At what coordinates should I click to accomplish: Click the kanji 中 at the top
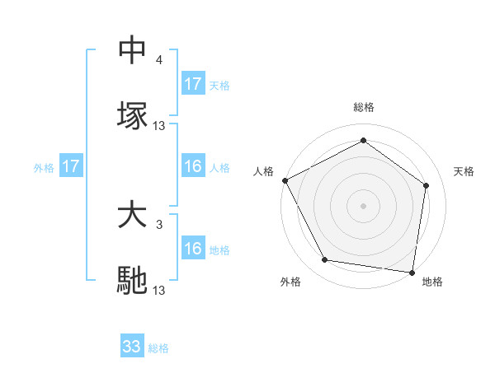[132, 49]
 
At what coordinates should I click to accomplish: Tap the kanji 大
[132, 216]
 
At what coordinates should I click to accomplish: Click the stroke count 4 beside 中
[159, 60]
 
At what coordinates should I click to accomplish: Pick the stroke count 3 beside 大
[159, 224]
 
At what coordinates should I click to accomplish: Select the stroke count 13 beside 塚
[159, 126]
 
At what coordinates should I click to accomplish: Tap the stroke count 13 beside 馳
[159, 291]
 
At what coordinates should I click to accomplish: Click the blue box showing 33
[132, 347]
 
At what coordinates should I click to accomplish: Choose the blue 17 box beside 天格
[193, 84]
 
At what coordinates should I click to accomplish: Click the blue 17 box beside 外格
[71, 166]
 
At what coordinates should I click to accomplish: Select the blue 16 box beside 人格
[193, 166]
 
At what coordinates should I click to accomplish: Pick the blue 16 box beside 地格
[193, 249]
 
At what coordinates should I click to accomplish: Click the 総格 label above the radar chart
[364, 107]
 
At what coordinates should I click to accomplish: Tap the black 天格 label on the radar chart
[464, 171]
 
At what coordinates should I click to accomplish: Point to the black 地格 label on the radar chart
[432, 282]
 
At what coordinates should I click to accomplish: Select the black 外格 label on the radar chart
[290, 282]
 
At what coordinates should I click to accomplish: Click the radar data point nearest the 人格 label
[285, 180]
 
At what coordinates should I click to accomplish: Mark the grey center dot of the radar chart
[364, 205]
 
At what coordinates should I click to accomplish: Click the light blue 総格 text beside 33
[159, 348]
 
